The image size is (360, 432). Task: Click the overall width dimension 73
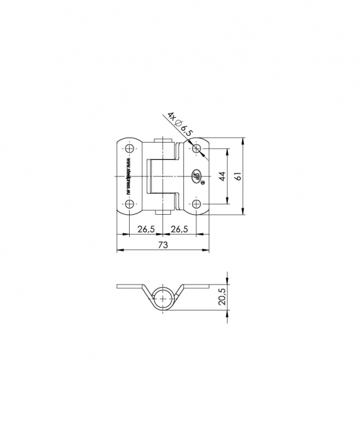point(162,245)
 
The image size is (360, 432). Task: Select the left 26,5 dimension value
point(146,230)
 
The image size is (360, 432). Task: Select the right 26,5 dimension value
point(179,230)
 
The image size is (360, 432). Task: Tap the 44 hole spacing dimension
point(221,177)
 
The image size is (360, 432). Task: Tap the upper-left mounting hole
point(129,149)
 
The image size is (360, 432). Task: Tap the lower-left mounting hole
point(129,204)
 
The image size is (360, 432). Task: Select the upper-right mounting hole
point(196,149)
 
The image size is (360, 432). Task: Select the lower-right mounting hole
point(196,204)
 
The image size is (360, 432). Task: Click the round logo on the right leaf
point(196,177)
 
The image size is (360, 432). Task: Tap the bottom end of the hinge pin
point(163,212)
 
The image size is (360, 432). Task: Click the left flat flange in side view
point(130,288)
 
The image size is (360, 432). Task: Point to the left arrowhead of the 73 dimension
point(119,250)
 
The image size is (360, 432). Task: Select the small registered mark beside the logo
point(203,183)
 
